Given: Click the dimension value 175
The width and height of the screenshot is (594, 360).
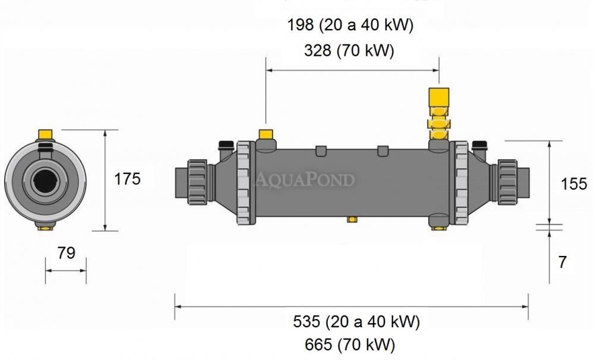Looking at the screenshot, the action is pos(127,178).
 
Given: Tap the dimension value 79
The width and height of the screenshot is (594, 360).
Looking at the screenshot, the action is pos(67,252).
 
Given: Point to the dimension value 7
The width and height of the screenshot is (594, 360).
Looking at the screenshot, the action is pos(563,262).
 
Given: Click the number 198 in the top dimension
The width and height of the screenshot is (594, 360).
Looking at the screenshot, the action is pos(301,25).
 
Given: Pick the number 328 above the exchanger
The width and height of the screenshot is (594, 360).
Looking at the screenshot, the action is pos(317,50).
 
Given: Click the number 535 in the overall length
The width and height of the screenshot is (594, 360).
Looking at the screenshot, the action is pos(307,322).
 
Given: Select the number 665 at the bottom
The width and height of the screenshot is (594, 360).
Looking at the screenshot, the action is pos(318,345).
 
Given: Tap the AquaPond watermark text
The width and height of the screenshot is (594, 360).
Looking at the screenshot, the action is pos(305,179).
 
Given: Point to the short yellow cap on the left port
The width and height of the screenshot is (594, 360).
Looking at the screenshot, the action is pos(266,134).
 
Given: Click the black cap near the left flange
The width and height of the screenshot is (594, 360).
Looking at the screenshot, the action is pos(226,144).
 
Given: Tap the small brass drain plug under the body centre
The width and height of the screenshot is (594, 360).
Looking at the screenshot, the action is pos(352,219).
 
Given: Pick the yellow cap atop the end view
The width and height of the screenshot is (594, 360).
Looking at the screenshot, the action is pos(45,134).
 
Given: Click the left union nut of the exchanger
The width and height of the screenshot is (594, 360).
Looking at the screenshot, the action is pos(197,182).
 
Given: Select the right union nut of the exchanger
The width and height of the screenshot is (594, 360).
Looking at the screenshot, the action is pos(507,182).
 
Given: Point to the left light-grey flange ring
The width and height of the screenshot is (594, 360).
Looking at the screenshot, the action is pos(245,183).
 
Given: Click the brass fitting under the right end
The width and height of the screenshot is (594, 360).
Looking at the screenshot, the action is pos(440,228).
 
